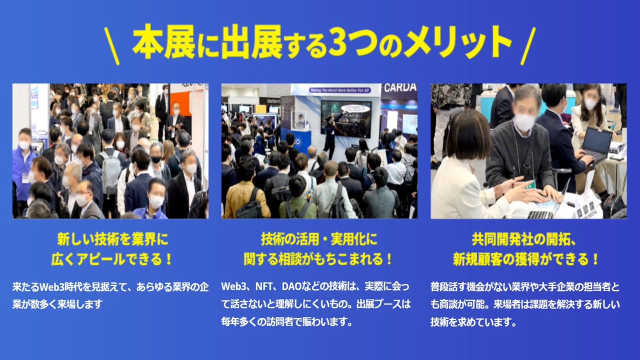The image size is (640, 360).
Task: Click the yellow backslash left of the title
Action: pos(111,46)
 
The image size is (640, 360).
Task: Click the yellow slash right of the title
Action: pos(528,46)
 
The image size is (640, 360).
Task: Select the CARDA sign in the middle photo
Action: pos(400,87)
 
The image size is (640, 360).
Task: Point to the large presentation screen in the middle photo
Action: pos(346,118)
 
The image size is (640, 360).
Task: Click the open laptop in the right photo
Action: pos(595,145)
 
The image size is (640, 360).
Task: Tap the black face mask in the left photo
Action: pos(156,159)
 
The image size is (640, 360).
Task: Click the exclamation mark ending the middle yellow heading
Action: pos(388,259)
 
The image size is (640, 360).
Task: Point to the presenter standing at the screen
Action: pos(332,134)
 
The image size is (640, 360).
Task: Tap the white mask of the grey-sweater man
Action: pos(525,122)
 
